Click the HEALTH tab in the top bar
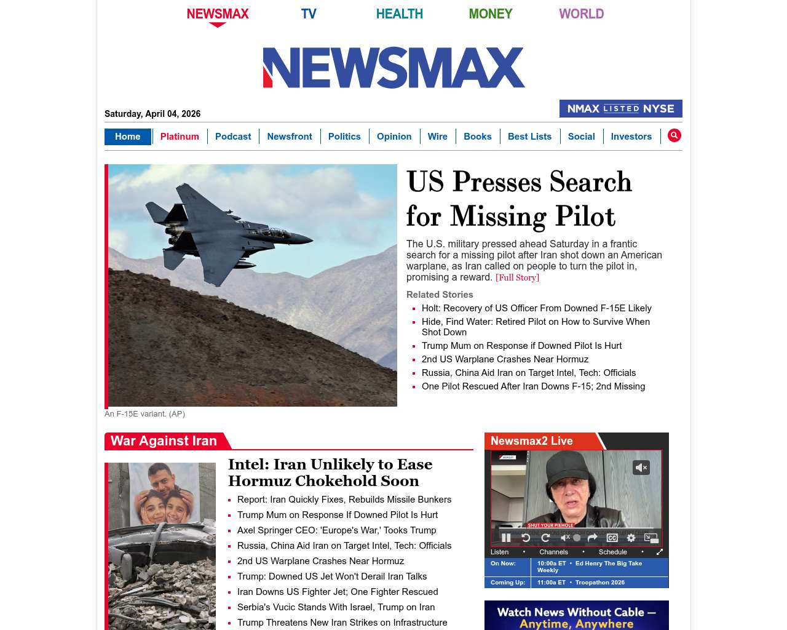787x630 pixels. click(399, 14)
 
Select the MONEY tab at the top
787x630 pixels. click(490, 14)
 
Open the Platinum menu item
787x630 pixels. click(180, 137)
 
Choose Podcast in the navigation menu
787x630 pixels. click(233, 137)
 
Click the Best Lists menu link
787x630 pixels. click(529, 137)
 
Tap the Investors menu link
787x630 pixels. click(631, 137)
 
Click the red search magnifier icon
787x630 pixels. click(674, 135)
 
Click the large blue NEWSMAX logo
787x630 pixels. click(393, 68)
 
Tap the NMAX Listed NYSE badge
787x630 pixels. click(620, 109)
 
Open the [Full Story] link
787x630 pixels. click(517, 277)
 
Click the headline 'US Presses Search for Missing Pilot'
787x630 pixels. click(518, 199)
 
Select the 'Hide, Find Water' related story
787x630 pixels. click(535, 322)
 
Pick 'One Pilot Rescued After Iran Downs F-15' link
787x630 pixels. click(533, 386)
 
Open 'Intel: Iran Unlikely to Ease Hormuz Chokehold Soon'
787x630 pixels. click(330, 472)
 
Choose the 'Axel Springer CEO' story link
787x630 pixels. click(336, 530)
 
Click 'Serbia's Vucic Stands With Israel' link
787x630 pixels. click(336, 607)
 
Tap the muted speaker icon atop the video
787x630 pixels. click(641, 468)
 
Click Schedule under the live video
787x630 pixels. click(612, 552)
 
